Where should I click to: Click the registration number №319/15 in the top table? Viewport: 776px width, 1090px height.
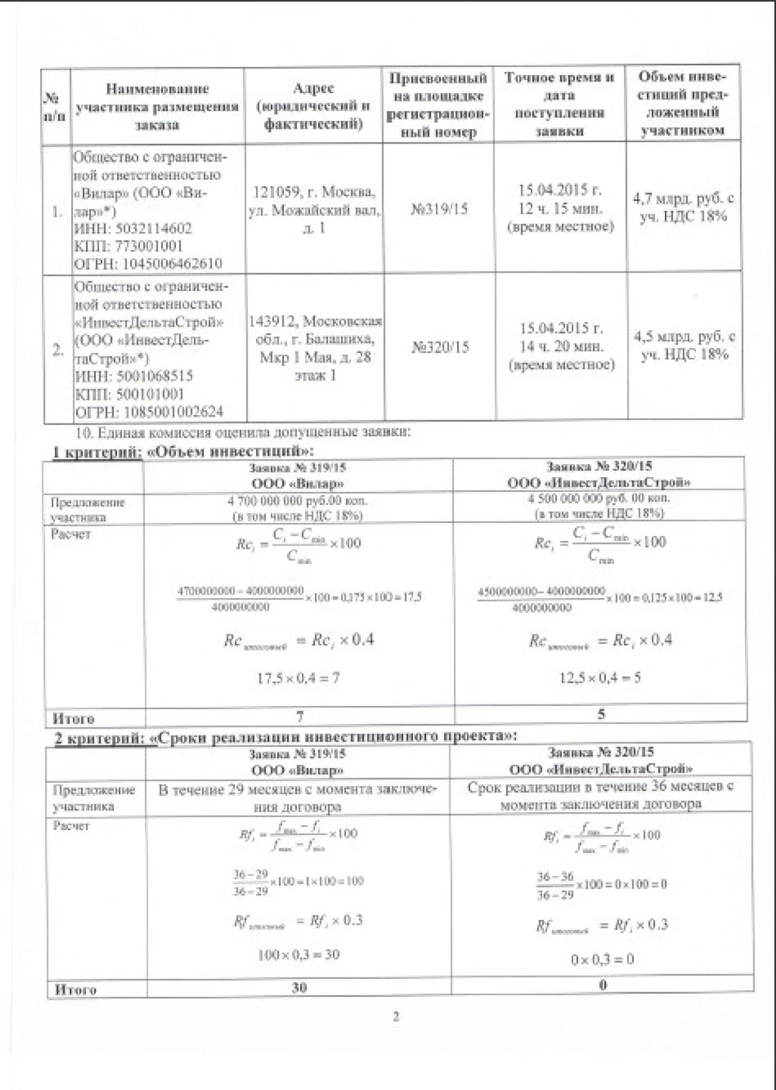[439, 209]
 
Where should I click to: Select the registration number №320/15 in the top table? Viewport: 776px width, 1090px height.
[440, 347]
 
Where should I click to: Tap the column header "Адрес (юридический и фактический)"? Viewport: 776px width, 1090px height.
[313, 105]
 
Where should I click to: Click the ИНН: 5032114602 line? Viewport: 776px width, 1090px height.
[133, 228]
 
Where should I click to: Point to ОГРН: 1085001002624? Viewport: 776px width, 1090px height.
[149, 412]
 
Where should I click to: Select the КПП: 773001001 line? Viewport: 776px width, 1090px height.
[129, 246]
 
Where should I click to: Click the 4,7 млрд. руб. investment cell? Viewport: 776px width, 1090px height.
[683, 207]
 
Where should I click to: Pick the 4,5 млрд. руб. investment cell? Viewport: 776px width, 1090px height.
[684, 345]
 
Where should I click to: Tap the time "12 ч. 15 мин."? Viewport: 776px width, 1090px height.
[560, 208]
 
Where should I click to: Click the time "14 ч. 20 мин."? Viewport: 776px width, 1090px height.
[561, 347]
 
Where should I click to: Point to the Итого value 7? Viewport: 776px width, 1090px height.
[299, 716]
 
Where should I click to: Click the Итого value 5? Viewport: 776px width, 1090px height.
[601, 714]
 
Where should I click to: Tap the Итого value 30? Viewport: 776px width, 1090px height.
[299, 987]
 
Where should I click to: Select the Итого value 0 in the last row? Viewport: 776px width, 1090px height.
[603, 985]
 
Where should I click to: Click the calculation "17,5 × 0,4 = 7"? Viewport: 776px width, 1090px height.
[299, 678]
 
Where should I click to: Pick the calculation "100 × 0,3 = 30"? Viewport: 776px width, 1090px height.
[298, 954]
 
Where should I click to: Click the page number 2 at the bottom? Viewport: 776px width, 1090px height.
[396, 1034]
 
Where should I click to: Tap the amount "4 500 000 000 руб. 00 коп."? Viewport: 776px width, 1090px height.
[599, 499]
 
